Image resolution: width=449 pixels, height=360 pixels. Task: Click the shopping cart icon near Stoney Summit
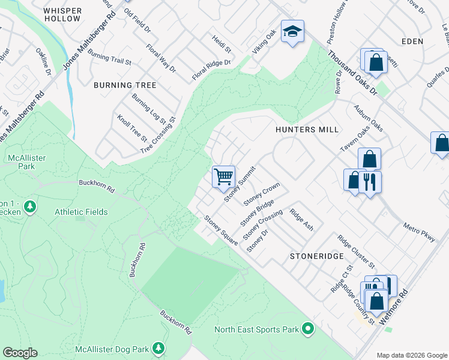223,176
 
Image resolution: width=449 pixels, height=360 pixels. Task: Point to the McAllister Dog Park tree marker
158,349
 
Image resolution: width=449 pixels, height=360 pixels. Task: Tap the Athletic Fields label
81,212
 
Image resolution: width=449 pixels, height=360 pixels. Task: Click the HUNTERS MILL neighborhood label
307,130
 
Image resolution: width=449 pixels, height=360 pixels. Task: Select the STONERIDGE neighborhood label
316,256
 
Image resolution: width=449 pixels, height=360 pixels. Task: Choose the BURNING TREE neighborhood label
125,85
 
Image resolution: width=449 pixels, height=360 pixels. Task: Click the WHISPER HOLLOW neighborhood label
62,14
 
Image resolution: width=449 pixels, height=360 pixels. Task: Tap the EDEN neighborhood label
414,41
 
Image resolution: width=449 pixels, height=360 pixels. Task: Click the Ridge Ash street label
301,220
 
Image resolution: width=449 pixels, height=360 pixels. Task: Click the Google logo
20,353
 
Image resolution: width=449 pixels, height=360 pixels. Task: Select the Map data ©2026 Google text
412,355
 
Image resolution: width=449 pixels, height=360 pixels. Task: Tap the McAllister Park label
27,163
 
